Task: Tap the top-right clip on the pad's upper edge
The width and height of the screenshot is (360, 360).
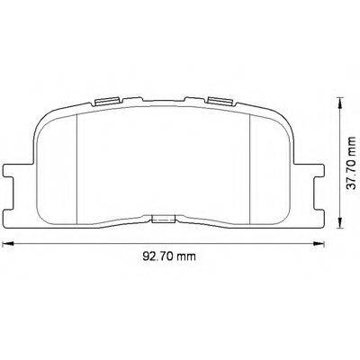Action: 218,100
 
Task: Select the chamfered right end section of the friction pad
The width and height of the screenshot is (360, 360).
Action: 271,162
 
